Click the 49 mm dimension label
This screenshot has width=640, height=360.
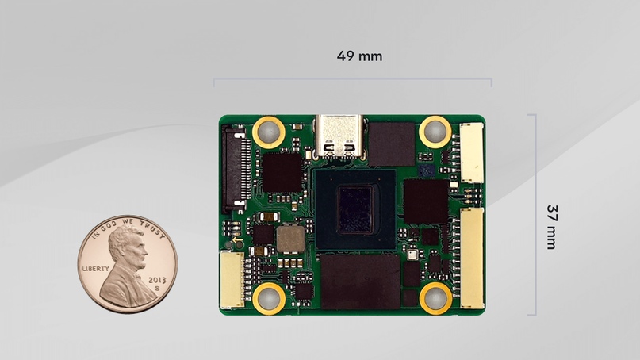359,56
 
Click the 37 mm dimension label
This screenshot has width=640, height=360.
551,227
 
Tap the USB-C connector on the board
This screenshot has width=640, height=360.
339,136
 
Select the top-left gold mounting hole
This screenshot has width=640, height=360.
269,132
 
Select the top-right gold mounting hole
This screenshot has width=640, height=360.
435,132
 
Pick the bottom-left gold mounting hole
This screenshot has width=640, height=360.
269,298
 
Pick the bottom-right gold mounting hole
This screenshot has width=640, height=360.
435,298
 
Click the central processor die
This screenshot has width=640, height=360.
355,210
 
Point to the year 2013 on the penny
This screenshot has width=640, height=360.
157,281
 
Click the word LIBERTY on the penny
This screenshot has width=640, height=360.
96,269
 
